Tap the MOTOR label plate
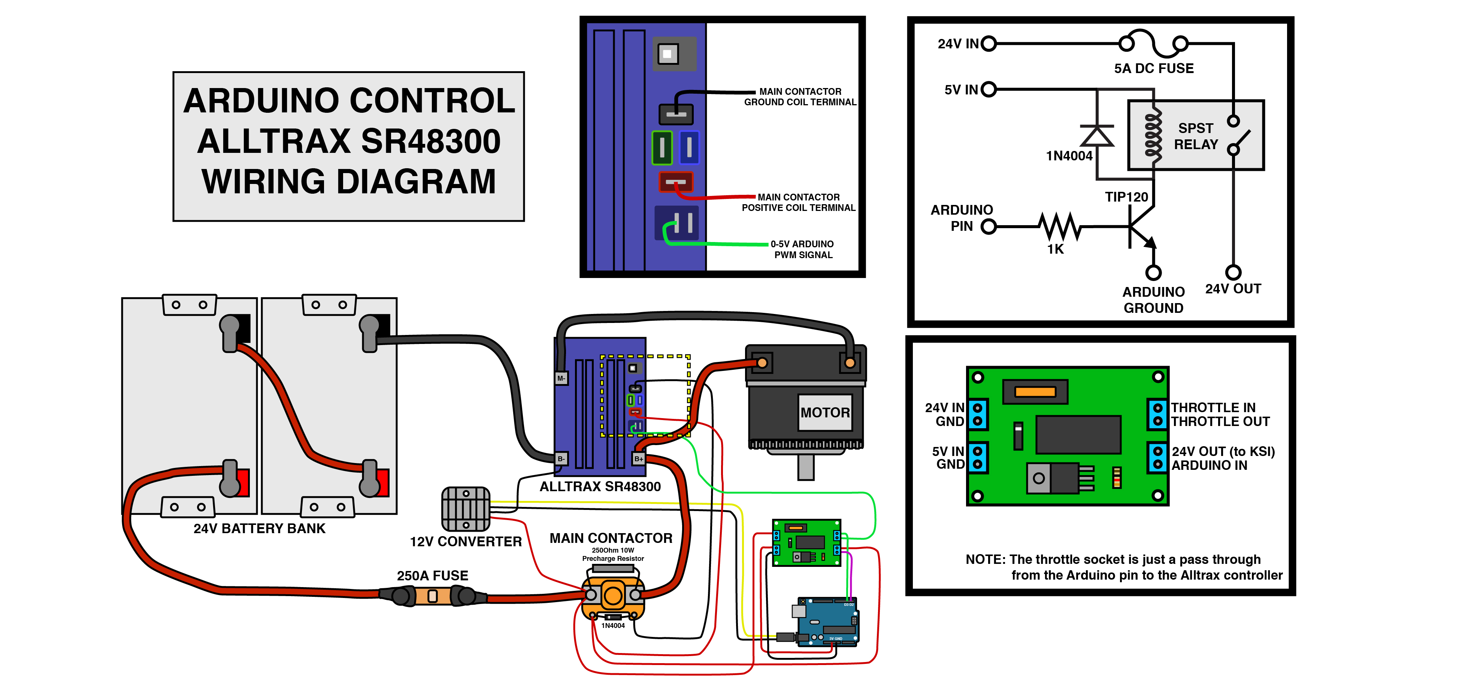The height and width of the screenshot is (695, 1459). [x=825, y=413]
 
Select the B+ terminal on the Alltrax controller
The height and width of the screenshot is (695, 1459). [x=638, y=459]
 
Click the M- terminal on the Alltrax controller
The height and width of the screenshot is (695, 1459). [x=561, y=378]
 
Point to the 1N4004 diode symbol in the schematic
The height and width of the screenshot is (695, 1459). [x=1097, y=136]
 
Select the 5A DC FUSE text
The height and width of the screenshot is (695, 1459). [x=1154, y=69]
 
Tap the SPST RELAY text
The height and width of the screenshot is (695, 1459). [x=1196, y=136]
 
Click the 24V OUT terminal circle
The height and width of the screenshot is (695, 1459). [x=1233, y=272]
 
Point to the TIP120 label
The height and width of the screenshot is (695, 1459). [x=1126, y=197]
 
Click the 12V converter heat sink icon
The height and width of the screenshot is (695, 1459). [x=466, y=509]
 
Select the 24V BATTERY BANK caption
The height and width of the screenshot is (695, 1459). [x=260, y=529]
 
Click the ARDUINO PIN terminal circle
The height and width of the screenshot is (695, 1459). [x=988, y=227]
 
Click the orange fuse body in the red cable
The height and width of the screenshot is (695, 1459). [x=433, y=596]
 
